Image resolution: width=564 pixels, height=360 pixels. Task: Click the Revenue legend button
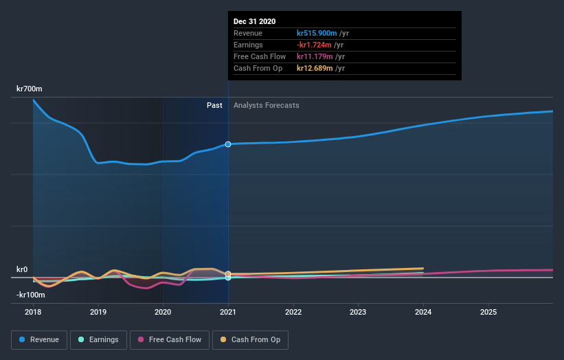tap(38, 339)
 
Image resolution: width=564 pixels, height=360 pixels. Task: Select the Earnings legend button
tap(99, 339)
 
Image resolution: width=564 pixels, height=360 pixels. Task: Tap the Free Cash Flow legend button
tap(169, 339)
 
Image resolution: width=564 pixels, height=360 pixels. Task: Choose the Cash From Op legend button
tap(251, 339)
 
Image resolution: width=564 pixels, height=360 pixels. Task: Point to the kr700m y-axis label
tap(30, 89)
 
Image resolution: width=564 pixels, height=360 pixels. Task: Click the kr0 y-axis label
tap(22, 269)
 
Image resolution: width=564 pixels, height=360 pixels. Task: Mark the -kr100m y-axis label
tap(30, 295)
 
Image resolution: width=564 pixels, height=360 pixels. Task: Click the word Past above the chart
tap(214, 105)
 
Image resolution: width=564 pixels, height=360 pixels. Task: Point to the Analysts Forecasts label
tap(267, 105)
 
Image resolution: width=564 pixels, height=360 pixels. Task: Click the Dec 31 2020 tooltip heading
tap(254, 21)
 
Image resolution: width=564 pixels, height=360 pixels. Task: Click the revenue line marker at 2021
tap(228, 144)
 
